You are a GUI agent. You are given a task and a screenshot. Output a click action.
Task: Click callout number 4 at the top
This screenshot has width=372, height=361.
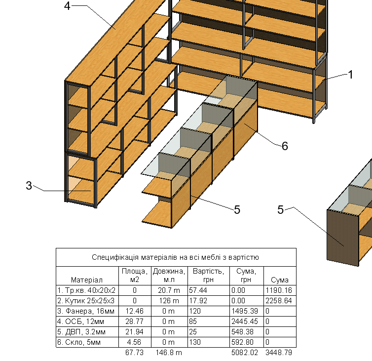[x=68, y=6]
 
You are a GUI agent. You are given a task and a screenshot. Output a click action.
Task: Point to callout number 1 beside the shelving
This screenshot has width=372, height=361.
[x=351, y=75]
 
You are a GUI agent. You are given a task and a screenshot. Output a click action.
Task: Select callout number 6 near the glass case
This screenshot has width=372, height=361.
[x=285, y=146]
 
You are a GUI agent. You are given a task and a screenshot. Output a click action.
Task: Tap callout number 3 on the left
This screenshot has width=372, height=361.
[x=29, y=186]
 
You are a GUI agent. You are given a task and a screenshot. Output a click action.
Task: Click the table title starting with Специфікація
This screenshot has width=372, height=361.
[x=176, y=257]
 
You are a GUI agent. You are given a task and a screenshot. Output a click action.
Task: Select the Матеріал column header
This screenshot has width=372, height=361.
[x=87, y=280]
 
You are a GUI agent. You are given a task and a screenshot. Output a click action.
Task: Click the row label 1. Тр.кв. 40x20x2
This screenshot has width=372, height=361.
[x=86, y=290]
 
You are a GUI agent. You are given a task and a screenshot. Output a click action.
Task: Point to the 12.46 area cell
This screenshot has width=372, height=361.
[x=135, y=311]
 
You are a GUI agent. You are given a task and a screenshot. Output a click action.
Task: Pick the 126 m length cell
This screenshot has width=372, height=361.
[x=168, y=301]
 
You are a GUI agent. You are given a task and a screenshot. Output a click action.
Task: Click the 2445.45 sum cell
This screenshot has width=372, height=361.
[x=244, y=321]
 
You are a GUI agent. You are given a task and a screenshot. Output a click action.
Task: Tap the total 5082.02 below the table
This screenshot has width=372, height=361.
[x=245, y=353]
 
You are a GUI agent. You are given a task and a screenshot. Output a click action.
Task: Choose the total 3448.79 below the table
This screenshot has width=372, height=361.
[x=278, y=353]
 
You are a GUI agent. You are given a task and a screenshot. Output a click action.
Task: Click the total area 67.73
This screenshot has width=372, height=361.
[x=135, y=353]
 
